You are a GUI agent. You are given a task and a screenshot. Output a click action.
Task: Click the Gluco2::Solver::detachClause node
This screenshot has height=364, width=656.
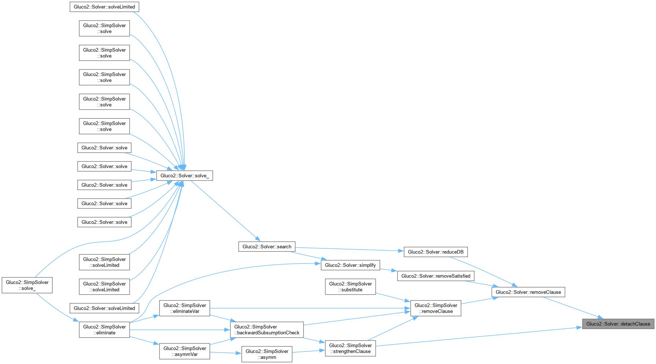click(x=618, y=324)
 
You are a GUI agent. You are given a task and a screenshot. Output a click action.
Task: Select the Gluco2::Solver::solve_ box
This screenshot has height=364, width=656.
click(x=184, y=176)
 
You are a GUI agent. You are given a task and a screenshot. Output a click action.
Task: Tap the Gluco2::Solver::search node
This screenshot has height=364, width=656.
click(x=267, y=247)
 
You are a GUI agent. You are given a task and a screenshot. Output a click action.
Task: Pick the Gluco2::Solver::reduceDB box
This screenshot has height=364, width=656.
click(x=435, y=252)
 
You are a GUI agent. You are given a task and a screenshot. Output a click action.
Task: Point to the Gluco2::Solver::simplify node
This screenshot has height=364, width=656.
click(x=350, y=265)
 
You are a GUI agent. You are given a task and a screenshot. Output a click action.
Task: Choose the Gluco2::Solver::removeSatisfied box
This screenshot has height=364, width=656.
click(x=436, y=276)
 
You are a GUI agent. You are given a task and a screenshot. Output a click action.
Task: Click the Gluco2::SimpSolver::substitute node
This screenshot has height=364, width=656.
click(x=350, y=287)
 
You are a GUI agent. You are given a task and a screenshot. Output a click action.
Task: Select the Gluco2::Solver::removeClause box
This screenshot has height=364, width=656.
click(x=528, y=292)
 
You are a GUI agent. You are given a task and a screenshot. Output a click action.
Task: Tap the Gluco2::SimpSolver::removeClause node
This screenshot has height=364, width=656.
click(x=436, y=308)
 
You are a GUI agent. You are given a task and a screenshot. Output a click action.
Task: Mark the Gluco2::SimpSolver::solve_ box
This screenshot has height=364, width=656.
click(x=27, y=285)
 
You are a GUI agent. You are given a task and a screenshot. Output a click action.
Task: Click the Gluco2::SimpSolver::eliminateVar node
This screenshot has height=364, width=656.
click(x=184, y=308)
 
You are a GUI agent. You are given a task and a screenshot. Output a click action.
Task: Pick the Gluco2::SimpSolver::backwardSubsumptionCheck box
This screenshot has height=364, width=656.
click(x=267, y=330)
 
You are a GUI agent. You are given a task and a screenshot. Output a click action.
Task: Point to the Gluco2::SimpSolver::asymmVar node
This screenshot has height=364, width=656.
click(x=184, y=351)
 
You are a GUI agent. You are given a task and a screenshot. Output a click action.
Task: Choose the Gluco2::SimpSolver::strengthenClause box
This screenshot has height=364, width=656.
click(x=350, y=348)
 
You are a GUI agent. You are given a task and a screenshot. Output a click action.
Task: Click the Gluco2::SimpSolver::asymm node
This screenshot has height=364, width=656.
click(x=267, y=354)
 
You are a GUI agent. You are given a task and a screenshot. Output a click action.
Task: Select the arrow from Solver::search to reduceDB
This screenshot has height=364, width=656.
click(x=348, y=249)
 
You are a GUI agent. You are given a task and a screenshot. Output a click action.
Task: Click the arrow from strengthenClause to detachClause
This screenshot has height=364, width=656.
click(x=477, y=337)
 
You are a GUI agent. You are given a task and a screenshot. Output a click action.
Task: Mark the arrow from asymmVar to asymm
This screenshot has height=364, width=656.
click(x=225, y=353)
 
